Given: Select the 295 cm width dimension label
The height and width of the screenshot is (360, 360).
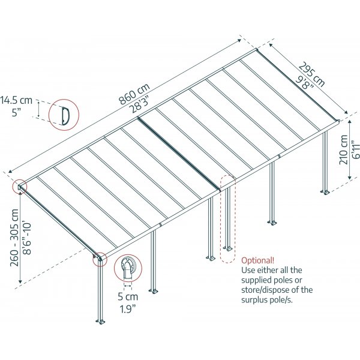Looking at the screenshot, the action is tap(312, 74).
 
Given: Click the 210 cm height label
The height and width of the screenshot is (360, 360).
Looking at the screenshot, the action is tap(343, 149).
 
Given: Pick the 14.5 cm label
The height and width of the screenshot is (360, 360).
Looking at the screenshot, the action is tap(16, 100).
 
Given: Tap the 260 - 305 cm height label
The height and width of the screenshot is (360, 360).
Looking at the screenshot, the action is tap(14, 238).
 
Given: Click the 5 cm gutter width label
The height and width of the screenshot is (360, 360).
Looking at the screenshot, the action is tap(128, 296).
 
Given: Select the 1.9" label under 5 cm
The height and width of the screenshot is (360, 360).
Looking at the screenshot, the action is tap(128, 309).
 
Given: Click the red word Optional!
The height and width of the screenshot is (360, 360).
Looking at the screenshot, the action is tap(257, 260).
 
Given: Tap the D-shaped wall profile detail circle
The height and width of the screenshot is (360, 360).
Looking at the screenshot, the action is tap(64, 115).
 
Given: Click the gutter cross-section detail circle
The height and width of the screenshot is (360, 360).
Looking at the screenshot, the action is tap(128, 268).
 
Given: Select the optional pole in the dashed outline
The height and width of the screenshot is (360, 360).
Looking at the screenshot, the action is tap(227, 218).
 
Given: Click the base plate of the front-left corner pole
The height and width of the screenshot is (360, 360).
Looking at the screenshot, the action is tap(100, 322).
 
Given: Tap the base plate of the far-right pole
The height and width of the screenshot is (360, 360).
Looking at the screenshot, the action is tap(325, 192).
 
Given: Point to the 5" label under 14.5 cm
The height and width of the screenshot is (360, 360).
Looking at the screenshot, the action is tap(16, 113).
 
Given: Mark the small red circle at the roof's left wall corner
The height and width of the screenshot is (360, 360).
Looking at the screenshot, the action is tap(20, 187).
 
